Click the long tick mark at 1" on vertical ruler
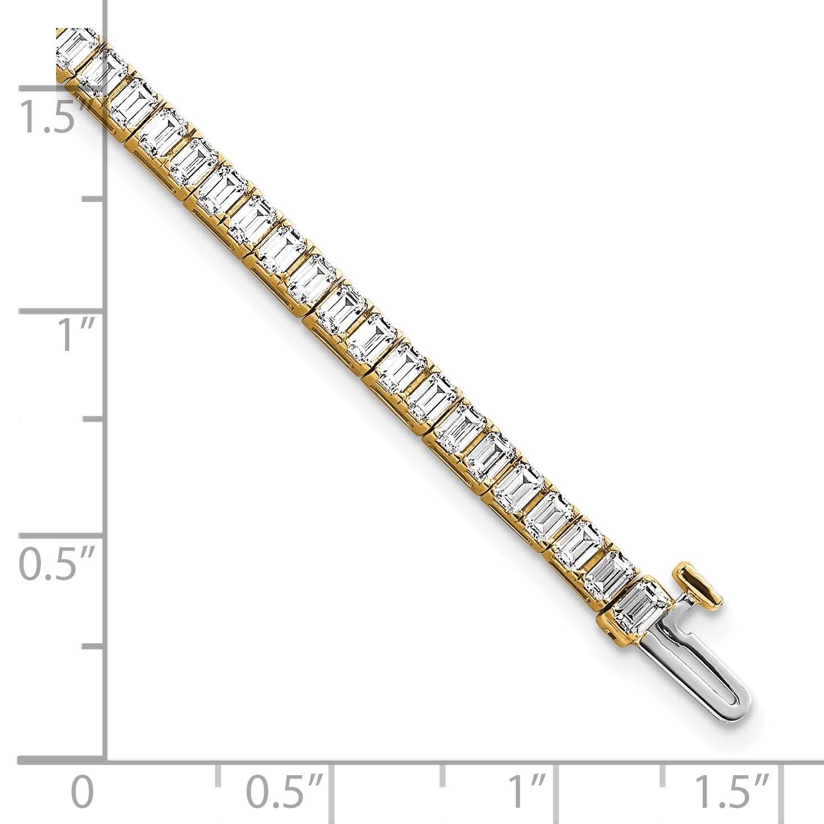tap(62, 310)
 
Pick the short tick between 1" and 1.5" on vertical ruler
tap(93, 199)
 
